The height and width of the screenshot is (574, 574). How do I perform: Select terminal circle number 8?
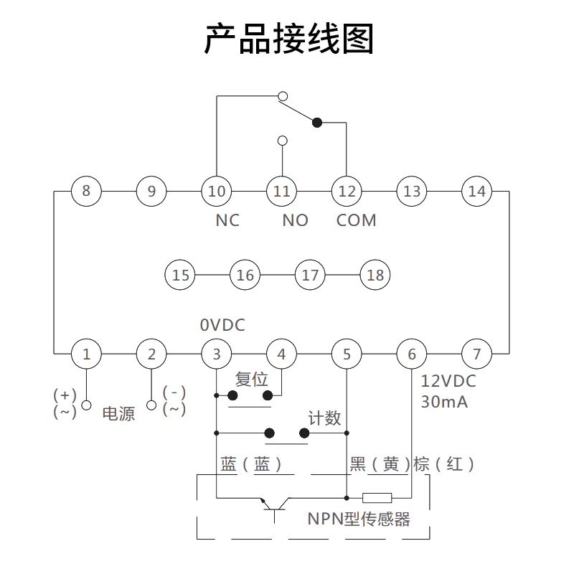(x=86, y=191)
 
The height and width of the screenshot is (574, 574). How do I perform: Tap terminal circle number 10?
(x=217, y=191)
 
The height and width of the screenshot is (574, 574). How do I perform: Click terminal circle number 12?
(x=347, y=191)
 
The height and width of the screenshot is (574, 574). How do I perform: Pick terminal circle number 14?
(x=476, y=191)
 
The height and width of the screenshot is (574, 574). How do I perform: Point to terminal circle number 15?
(x=180, y=275)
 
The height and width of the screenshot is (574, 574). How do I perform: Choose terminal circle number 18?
(x=375, y=275)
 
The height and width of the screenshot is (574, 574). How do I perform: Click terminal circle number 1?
(x=86, y=354)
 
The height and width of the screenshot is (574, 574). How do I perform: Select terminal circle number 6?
(x=411, y=354)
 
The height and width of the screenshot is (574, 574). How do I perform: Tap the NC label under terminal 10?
(x=227, y=220)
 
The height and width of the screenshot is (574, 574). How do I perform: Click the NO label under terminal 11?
(x=295, y=220)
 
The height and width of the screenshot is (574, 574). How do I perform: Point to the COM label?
(x=357, y=220)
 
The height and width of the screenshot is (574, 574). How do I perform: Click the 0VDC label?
(x=222, y=325)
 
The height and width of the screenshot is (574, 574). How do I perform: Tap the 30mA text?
(x=444, y=402)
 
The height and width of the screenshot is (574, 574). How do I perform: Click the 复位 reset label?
(x=251, y=379)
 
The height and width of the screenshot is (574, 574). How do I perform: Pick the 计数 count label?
(x=324, y=418)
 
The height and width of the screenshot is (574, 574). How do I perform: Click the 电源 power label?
(x=118, y=413)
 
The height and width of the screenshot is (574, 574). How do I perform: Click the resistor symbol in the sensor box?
(x=377, y=497)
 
